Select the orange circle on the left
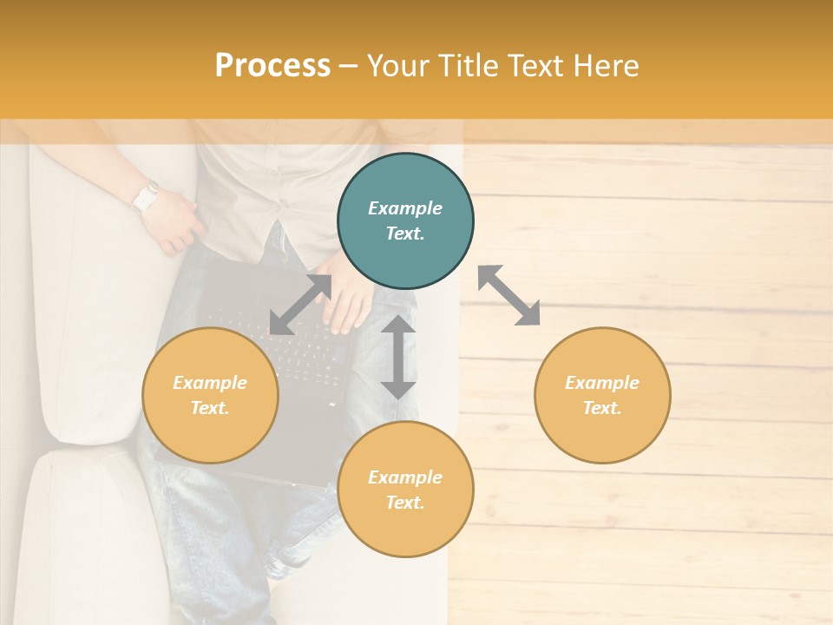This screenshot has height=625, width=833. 210,395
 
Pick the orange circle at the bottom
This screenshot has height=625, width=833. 405,490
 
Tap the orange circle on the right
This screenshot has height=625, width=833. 602,395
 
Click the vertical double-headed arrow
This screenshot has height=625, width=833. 398,357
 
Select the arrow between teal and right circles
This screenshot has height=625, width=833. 508,295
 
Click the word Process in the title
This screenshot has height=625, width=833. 272,66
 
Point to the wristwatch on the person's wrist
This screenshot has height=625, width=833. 145,198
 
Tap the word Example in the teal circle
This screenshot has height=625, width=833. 405,208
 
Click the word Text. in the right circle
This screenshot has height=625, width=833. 602,408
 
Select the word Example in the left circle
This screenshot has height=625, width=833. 210,383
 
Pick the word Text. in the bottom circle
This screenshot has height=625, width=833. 405,503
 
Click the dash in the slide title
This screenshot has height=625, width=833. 349,66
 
